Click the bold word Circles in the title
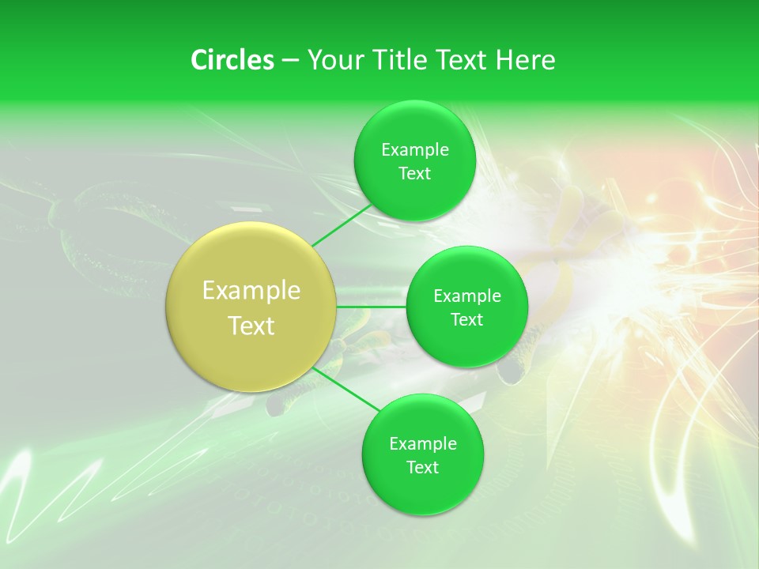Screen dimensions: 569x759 (232, 60)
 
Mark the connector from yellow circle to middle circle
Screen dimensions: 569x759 (372, 307)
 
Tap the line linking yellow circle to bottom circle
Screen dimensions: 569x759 (346, 389)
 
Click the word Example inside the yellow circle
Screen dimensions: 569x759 (251, 291)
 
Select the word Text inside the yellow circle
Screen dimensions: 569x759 (251, 326)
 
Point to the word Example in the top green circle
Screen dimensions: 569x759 (415, 150)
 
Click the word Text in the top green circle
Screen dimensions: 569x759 (414, 174)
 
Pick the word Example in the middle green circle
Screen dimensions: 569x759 (467, 296)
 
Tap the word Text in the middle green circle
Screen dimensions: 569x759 (466, 320)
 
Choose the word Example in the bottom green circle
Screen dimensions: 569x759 (423, 444)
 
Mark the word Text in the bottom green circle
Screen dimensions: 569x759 (422, 468)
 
